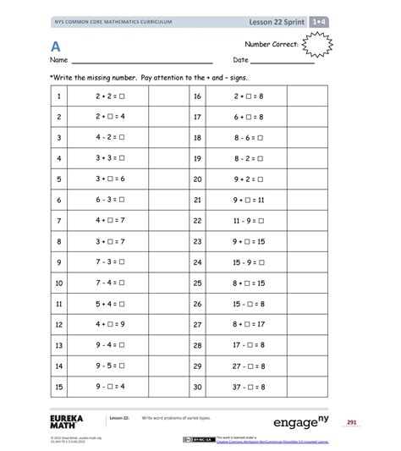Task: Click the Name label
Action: (x=58, y=61)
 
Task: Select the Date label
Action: (x=240, y=61)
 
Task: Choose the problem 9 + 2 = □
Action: (x=249, y=179)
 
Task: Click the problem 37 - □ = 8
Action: (x=249, y=387)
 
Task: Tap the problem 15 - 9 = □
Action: (x=249, y=262)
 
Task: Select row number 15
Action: (x=59, y=387)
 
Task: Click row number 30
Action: (x=197, y=387)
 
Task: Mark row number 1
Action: (x=59, y=96)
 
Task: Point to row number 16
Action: (x=197, y=96)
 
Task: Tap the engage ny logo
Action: (x=301, y=421)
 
